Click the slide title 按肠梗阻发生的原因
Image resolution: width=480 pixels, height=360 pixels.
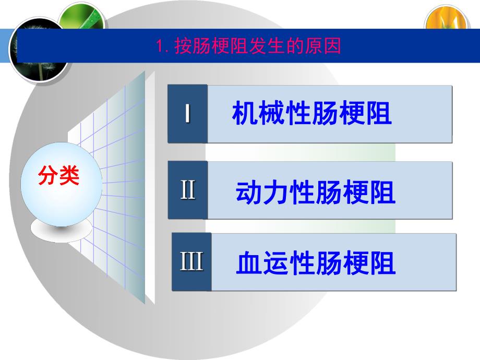point(257,46)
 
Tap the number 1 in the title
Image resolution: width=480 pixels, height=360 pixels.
point(160,46)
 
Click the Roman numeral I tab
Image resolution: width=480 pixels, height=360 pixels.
point(187,114)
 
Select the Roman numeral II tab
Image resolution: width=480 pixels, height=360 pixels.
point(188,190)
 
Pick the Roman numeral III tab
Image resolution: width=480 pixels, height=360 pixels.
point(191,261)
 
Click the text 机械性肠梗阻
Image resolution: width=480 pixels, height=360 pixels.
point(311,114)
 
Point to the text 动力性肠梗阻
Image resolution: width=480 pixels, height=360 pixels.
point(316,193)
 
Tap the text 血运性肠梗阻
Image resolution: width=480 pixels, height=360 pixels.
point(316,263)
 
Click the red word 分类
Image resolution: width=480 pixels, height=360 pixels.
point(58,176)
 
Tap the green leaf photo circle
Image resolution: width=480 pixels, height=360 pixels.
point(81,18)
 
